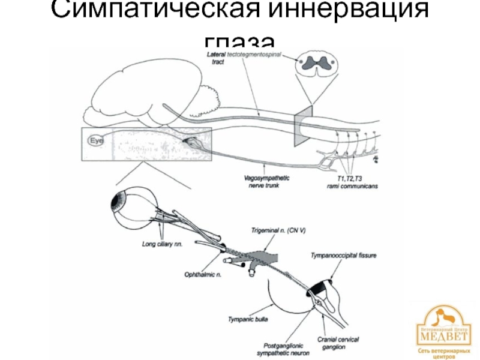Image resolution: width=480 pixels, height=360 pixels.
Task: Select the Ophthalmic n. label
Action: [x=201, y=274]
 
